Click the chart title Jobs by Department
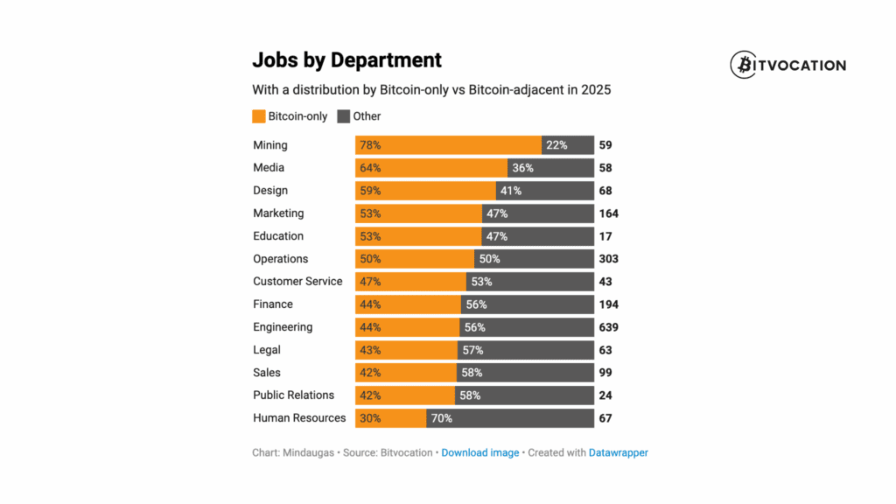(346, 60)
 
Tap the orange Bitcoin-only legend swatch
(258, 116)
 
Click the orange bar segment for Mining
(448, 145)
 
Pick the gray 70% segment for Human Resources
(510, 418)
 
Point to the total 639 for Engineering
(608, 327)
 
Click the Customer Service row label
(297, 282)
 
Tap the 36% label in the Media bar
(522, 168)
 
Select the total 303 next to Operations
(608, 259)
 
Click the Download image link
(480, 453)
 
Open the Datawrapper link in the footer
(619, 453)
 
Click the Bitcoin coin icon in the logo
(745, 65)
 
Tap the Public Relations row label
(293, 395)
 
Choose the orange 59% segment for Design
(425, 191)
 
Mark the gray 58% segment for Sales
(524, 373)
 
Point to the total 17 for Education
(605, 236)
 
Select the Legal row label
(267, 350)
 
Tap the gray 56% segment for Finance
(527, 304)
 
